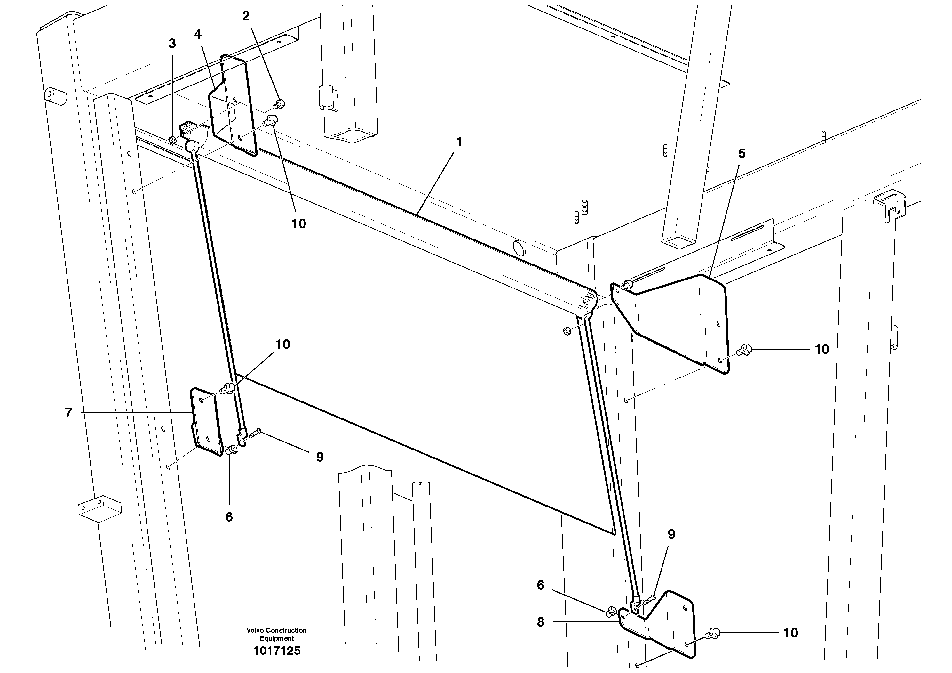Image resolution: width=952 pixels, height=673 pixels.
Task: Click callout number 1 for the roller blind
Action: coord(459,142)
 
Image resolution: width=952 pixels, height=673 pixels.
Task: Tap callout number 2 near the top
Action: coord(246,17)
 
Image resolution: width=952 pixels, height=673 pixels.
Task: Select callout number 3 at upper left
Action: coord(172,44)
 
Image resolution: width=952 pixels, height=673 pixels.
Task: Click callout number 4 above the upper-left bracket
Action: coord(198,35)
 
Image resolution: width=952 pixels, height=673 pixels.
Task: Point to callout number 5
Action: coord(742,153)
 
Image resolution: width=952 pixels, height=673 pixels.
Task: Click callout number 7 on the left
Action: coord(68,413)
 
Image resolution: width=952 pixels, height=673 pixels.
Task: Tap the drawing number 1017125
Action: coord(277,651)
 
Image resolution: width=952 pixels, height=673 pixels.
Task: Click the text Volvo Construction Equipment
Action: coord(277,634)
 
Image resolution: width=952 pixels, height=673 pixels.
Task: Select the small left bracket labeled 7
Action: coord(205,421)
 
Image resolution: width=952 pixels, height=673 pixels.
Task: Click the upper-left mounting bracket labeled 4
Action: coord(232,108)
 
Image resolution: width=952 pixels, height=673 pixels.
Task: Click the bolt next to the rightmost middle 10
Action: coord(744,351)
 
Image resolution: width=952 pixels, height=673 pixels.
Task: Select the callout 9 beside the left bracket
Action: coord(320,457)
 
